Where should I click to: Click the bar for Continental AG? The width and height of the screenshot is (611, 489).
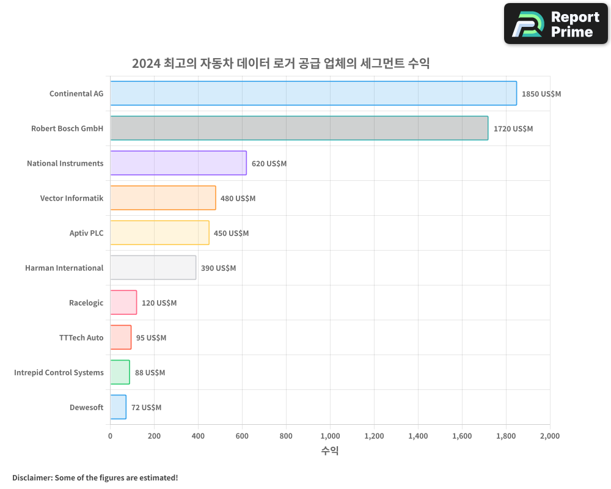click(313, 94)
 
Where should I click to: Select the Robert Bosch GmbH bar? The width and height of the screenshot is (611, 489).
click(299, 128)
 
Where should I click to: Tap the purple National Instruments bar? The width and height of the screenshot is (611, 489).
click(178, 163)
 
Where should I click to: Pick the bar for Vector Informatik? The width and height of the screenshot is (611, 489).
click(163, 198)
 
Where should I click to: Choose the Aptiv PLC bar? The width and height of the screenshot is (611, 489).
click(159, 233)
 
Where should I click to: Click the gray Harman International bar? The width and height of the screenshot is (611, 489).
click(153, 268)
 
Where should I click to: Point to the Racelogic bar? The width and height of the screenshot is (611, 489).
click(123, 303)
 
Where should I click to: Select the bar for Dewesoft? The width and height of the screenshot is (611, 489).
click(118, 407)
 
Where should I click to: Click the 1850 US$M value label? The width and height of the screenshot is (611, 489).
click(541, 94)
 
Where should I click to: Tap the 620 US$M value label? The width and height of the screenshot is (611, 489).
click(269, 164)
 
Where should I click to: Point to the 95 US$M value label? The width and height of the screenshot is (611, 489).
click(151, 338)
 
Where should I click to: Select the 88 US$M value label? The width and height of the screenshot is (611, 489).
click(150, 373)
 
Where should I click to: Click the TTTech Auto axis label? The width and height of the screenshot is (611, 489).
click(81, 337)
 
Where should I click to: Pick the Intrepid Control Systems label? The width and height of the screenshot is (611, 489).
click(59, 372)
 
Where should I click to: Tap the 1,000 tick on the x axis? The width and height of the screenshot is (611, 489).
click(330, 436)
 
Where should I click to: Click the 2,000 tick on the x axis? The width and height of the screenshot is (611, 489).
click(549, 436)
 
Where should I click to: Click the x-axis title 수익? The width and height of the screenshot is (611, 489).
click(330, 451)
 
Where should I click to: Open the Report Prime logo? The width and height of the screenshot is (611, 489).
click(555, 24)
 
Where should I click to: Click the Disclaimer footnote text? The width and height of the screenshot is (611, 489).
click(95, 477)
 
